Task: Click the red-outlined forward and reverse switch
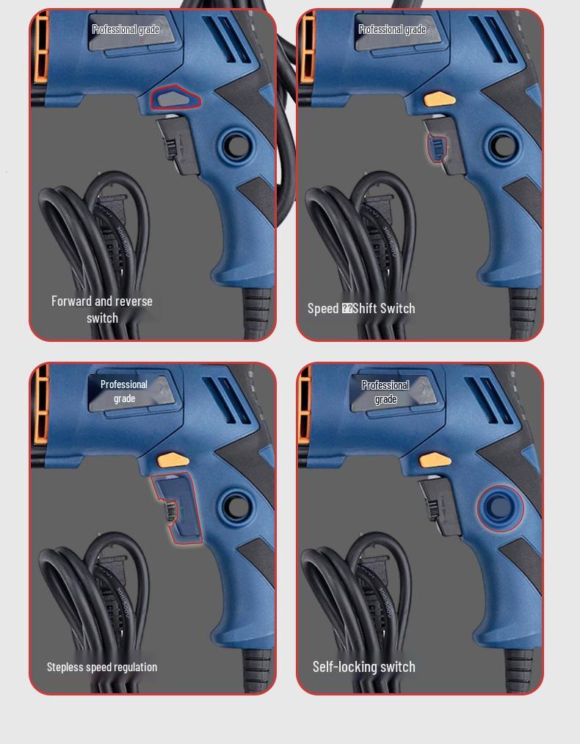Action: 175,98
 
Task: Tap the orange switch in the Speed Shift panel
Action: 439,99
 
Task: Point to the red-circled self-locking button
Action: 500,507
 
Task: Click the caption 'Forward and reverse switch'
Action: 102,310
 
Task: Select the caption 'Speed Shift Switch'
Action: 361,309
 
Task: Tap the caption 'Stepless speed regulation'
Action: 102,668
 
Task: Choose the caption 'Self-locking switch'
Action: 364,667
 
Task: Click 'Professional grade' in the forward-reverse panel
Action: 126,29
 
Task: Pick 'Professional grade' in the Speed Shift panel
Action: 392,29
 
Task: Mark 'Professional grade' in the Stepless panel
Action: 124,391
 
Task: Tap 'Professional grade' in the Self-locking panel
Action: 385,392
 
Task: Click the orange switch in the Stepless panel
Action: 174,461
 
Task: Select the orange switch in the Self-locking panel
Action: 435,461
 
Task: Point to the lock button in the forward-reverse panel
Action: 236,146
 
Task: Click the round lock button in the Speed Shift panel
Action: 502,146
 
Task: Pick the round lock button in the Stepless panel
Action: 236,507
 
